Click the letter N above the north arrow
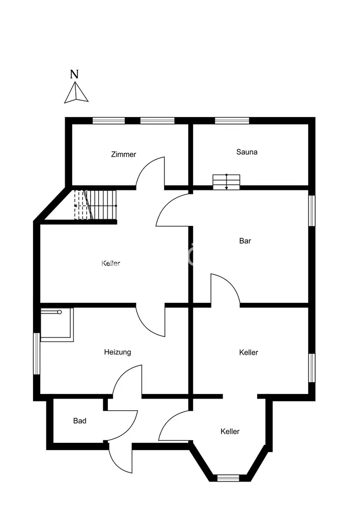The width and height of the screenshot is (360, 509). (74, 73)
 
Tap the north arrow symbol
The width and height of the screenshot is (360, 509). (76, 93)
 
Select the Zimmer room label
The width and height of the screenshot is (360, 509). (124, 154)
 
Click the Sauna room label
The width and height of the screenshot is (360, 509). (247, 152)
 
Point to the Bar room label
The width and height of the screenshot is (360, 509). (245, 241)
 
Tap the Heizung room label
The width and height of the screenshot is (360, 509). (118, 352)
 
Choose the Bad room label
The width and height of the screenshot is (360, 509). (80, 421)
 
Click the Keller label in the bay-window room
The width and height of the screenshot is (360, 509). (230, 432)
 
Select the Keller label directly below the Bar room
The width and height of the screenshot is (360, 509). (248, 352)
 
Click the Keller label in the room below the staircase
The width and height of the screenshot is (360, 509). (111, 263)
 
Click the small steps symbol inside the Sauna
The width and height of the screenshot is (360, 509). (226, 181)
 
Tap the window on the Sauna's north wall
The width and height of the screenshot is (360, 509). (232, 121)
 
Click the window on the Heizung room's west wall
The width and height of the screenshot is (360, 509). (37, 354)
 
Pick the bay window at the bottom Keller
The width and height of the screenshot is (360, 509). (228, 477)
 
